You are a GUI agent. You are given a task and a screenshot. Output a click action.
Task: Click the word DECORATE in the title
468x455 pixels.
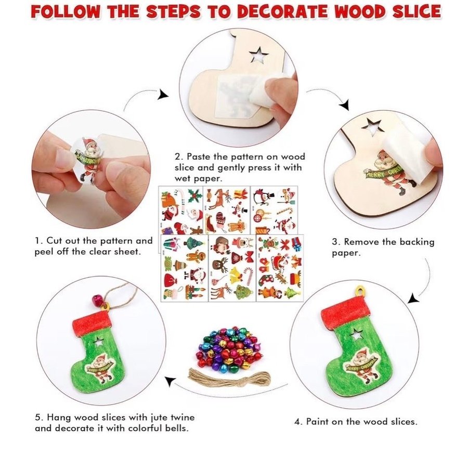[x=283, y=12]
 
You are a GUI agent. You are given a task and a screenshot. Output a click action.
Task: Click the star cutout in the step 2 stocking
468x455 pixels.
[x=259, y=55]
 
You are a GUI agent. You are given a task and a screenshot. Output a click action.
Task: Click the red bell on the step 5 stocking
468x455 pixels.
[x=97, y=299]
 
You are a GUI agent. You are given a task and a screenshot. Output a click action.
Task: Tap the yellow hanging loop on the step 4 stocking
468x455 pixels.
[x=360, y=291]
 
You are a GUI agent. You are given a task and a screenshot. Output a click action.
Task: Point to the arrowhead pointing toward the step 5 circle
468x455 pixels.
[x=170, y=381]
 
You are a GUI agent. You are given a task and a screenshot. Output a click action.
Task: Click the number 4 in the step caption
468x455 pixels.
[x=297, y=422]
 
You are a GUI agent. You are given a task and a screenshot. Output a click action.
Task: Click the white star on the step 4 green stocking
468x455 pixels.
[x=356, y=334]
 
